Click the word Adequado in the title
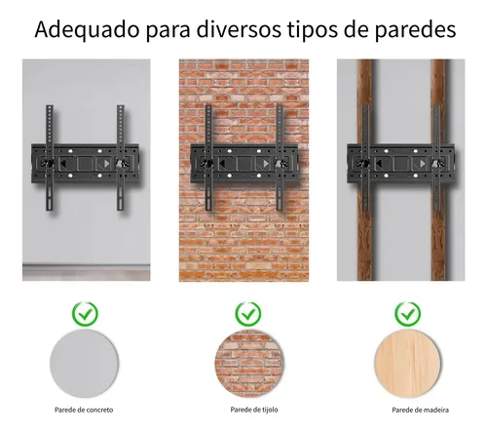87,30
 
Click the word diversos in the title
239,29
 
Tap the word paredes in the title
415,30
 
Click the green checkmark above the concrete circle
85,314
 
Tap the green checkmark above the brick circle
248,314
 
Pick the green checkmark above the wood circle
408,314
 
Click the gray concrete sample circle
84,363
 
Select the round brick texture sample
248,363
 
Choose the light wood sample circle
408,363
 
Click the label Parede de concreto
84,410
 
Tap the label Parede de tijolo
254,410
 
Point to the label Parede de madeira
420,410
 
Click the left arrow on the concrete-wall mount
64,163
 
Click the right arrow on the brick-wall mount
266,164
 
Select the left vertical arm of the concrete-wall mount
50,158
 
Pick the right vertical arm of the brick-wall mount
280,158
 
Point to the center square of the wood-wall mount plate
401,163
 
